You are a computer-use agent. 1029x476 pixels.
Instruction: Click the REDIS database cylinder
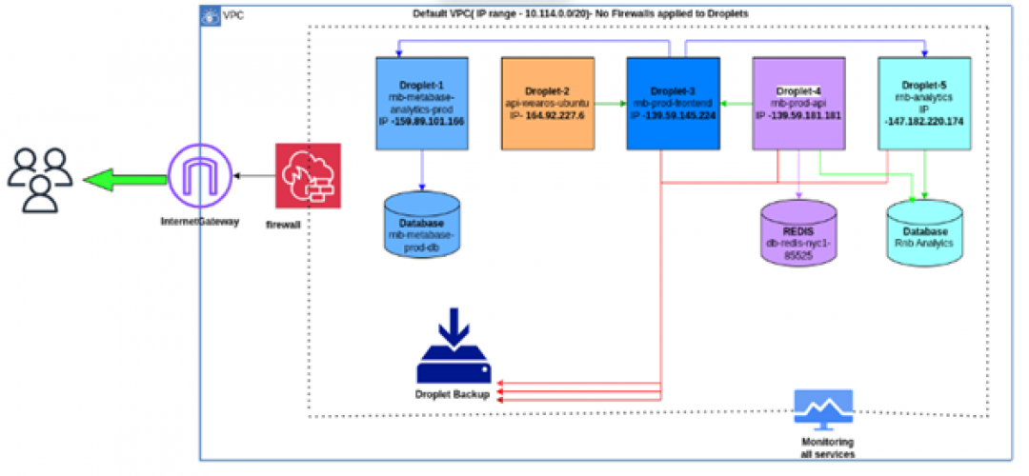tap(799, 233)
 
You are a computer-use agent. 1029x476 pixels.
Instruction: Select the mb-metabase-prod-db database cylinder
tap(422, 225)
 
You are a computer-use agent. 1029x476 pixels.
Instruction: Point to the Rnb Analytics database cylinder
tap(924, 228)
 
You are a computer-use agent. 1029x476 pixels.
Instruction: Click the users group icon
tap(39, 179)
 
